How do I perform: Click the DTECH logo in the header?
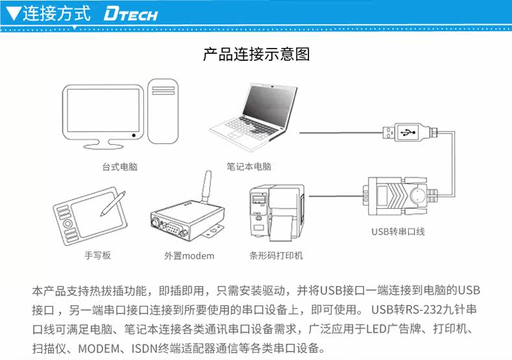130,14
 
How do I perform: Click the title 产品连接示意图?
256,54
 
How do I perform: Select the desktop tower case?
164,112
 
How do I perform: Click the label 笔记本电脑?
249,167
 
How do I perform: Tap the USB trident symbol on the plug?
407,132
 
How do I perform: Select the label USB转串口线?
398,232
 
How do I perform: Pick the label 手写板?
97,256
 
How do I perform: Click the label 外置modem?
189,256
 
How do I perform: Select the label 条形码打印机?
276,256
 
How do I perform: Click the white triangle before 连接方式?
12,14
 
